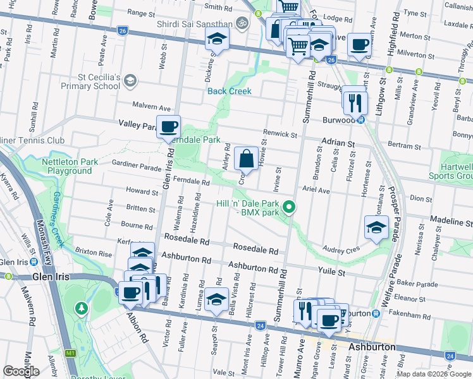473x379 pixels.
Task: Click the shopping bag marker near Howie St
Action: (246, 158)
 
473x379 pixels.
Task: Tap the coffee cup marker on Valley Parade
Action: (169, 126)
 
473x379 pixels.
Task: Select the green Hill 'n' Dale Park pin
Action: (289, 207)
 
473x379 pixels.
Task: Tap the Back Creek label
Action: (230, 91)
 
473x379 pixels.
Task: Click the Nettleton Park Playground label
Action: (70, 166)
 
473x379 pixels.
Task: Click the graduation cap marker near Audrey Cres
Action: (376, 227)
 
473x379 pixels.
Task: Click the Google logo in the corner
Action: (21, 371)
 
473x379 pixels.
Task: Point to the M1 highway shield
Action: (71, 353)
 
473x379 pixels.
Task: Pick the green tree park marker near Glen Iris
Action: (81, 308)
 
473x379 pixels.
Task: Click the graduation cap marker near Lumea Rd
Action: (216, 299)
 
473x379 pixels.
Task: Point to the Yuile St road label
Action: (332, 273)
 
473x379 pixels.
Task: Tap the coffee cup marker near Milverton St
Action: (359, 44)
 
